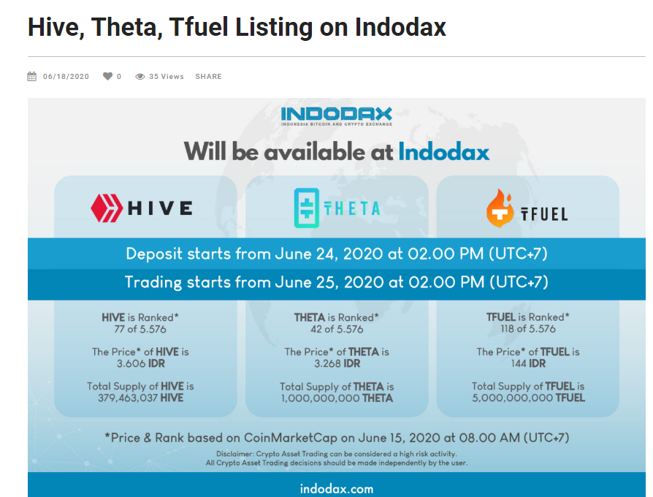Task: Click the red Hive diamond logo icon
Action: coord(107,208)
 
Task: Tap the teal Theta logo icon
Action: coord(307,208)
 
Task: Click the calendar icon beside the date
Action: coord(32,76)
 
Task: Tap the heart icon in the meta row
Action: coord(107,76)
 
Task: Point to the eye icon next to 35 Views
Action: coord(140,77)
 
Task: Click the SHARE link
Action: coord(209,77)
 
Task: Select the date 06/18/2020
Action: coord(66,77)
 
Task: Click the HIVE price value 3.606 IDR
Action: coord(141,364)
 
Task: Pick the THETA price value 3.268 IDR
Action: coord(337,364)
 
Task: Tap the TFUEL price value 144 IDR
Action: coord(528,364)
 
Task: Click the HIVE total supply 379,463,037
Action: coord(128,398)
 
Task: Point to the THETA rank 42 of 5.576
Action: coord(337,330)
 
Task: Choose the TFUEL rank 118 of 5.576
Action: coord(528,329)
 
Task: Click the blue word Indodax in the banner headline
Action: coord(444,151)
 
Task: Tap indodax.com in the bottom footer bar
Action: coord(337,489)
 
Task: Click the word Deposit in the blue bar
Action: coord(154,254)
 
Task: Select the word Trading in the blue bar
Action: coord(153,282)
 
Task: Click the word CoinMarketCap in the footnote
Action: coord(290,438)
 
